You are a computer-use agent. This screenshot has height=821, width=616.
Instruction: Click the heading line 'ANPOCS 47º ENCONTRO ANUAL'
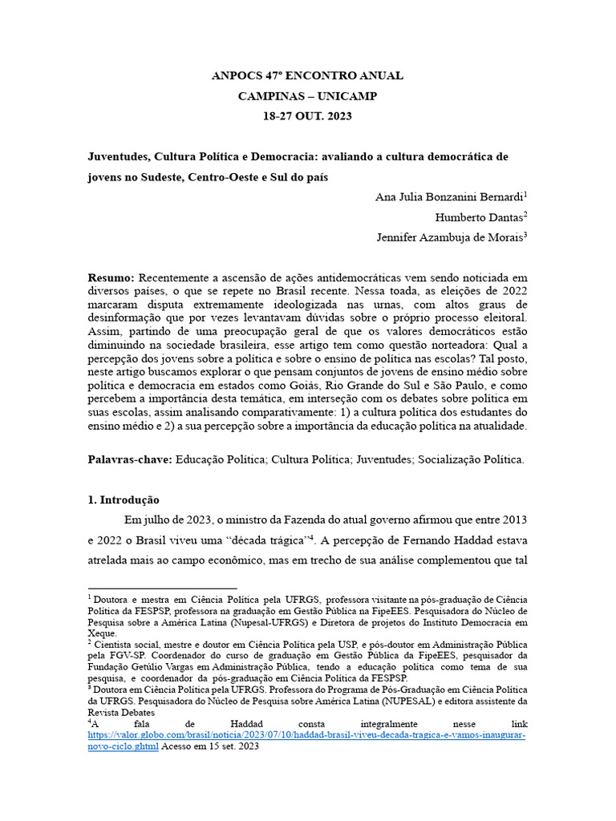tap(307, 76)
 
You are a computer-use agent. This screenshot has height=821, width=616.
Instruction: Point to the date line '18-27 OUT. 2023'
tap(307, 115)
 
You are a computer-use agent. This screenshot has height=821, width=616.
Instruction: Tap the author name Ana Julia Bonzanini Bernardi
tap(448, 197)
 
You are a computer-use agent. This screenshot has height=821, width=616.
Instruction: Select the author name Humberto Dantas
tap(479, 217)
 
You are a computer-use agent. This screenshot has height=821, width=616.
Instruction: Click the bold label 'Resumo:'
tap(111, 277)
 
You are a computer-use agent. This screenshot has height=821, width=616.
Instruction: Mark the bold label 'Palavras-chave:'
tap(130, 459)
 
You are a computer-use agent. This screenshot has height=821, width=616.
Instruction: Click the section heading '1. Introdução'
tap(124, 499)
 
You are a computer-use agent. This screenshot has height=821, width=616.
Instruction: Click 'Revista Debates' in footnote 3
tap(121, 713)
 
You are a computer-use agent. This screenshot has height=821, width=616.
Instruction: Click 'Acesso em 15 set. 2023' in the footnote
tap(210, 746)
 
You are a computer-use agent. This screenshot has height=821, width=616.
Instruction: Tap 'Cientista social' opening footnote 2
tap(127, 643)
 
